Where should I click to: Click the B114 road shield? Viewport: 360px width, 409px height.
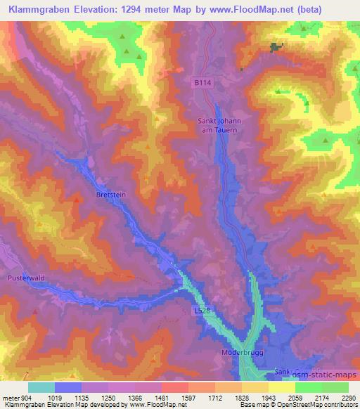coord(202,82)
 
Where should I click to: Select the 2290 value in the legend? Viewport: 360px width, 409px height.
coord(349,397)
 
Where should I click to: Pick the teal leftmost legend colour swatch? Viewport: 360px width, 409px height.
coord(41,387)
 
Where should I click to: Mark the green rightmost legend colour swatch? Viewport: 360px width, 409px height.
coord(335,387)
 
